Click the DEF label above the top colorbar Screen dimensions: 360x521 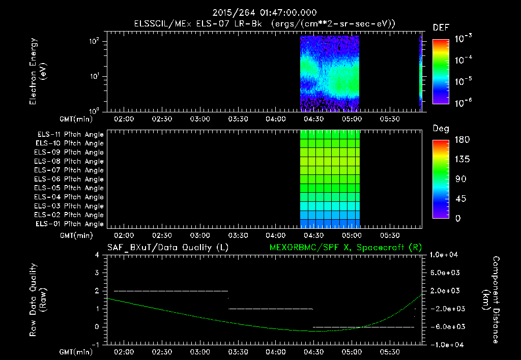click(x=440, y=28)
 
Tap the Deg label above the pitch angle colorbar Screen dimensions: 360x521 click(x=440, y=129)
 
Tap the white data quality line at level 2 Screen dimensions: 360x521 click(x=170, y=291)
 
